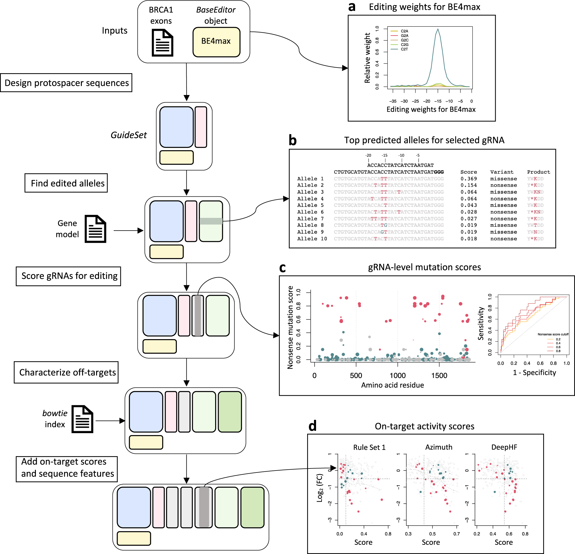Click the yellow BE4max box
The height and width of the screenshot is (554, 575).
coord(216,42)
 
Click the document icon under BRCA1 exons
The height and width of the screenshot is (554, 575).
coord(162,43)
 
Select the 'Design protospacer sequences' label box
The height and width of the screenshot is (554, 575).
coord(66,83)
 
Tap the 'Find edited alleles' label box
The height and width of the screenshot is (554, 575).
coord(66,183)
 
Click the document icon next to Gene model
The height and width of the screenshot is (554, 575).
coord(95,229)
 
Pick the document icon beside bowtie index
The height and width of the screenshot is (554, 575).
coord(82,419)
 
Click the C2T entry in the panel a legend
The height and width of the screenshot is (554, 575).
coord(404,49)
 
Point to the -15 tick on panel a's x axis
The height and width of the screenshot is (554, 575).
coord(438,101)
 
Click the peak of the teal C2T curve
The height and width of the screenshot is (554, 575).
coord(438,29)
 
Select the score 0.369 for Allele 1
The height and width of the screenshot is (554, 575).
coord(468,179)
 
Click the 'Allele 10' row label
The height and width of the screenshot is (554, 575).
coord(312,239)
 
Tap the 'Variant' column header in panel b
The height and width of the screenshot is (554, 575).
coord(502,172)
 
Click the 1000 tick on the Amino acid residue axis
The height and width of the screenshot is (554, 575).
coord(398,375)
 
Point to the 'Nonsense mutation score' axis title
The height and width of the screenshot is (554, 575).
coord(290,327)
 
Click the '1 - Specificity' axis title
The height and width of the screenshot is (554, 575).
coord(534,373)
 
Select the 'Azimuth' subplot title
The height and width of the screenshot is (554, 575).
coord(439,447)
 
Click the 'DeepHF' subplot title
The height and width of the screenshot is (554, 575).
coord(504,447)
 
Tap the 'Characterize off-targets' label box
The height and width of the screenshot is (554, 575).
coord(66,372)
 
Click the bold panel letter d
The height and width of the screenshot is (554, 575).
coord(312,426)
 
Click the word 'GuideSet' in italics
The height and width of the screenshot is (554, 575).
coord(129,135)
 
